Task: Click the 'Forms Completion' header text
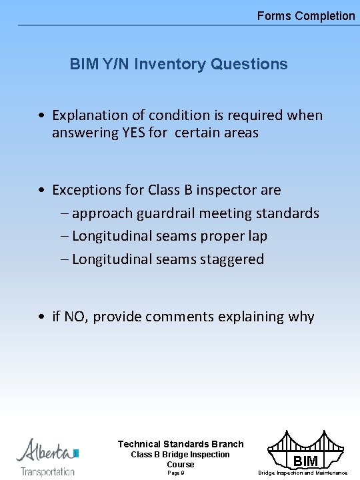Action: click(x=306, y=15)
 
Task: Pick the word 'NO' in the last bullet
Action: click(x=74, y=316)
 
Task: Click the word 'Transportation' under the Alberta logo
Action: click(x=47, y=471)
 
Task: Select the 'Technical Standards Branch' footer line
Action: click(x=181, y=444)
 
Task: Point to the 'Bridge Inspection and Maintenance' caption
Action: click(x=303, y=473)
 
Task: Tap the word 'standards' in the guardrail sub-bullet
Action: click(x=289, y=213)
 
